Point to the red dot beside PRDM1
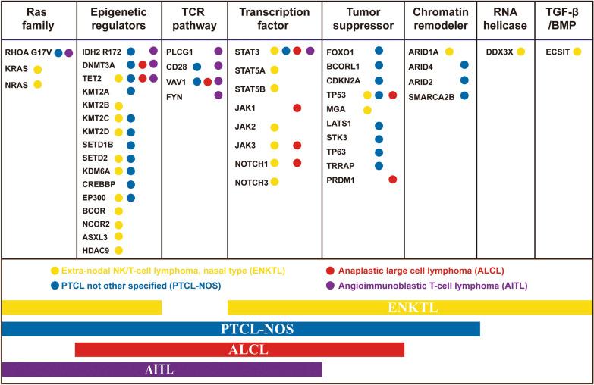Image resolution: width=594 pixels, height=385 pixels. click(x=392, y=180)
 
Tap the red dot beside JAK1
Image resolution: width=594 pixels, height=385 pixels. click(x=297, y=108)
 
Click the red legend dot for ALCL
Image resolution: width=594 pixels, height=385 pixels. click(x=329, y=271)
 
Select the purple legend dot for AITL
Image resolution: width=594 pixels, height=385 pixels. click(x=329, y=285)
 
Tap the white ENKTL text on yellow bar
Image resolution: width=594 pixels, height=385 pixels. click(x=410, y=308)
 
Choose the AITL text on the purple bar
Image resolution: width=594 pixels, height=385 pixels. click(x=162, y=370)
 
